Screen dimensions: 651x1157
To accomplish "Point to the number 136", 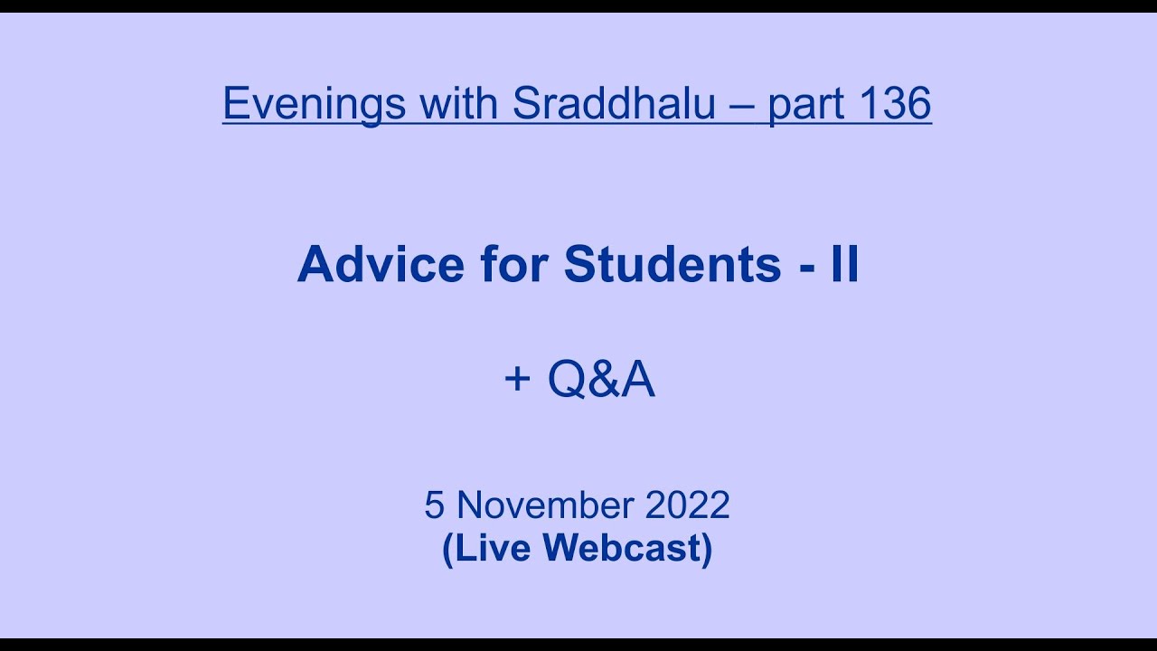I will click(x=895, y=104).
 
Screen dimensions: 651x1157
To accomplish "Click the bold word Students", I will click(x=673, y=265).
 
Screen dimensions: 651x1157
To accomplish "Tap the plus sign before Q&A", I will click(x=517, y=380).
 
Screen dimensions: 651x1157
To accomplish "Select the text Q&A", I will click(x=600, y=380).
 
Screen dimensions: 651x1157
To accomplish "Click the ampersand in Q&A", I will click(x=601, y=380).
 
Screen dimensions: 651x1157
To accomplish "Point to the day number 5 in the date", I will click(x=434, y=505).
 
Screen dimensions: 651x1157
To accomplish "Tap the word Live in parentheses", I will click(x=491, y=548).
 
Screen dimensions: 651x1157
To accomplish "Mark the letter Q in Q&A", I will click(x=567, y=380).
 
